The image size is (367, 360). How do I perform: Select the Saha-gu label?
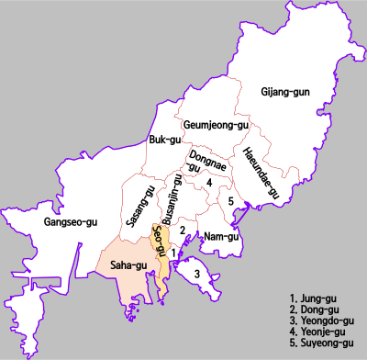click(128, 265)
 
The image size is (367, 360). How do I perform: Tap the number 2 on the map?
click(183, 230)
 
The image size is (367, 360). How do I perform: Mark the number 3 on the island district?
click(196, 273)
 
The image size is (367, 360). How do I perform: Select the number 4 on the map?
click(210, 183)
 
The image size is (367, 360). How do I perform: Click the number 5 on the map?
click(231, 201)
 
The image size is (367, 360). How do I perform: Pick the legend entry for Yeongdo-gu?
click(321, 321)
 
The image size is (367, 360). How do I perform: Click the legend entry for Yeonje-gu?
click(317, 332)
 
